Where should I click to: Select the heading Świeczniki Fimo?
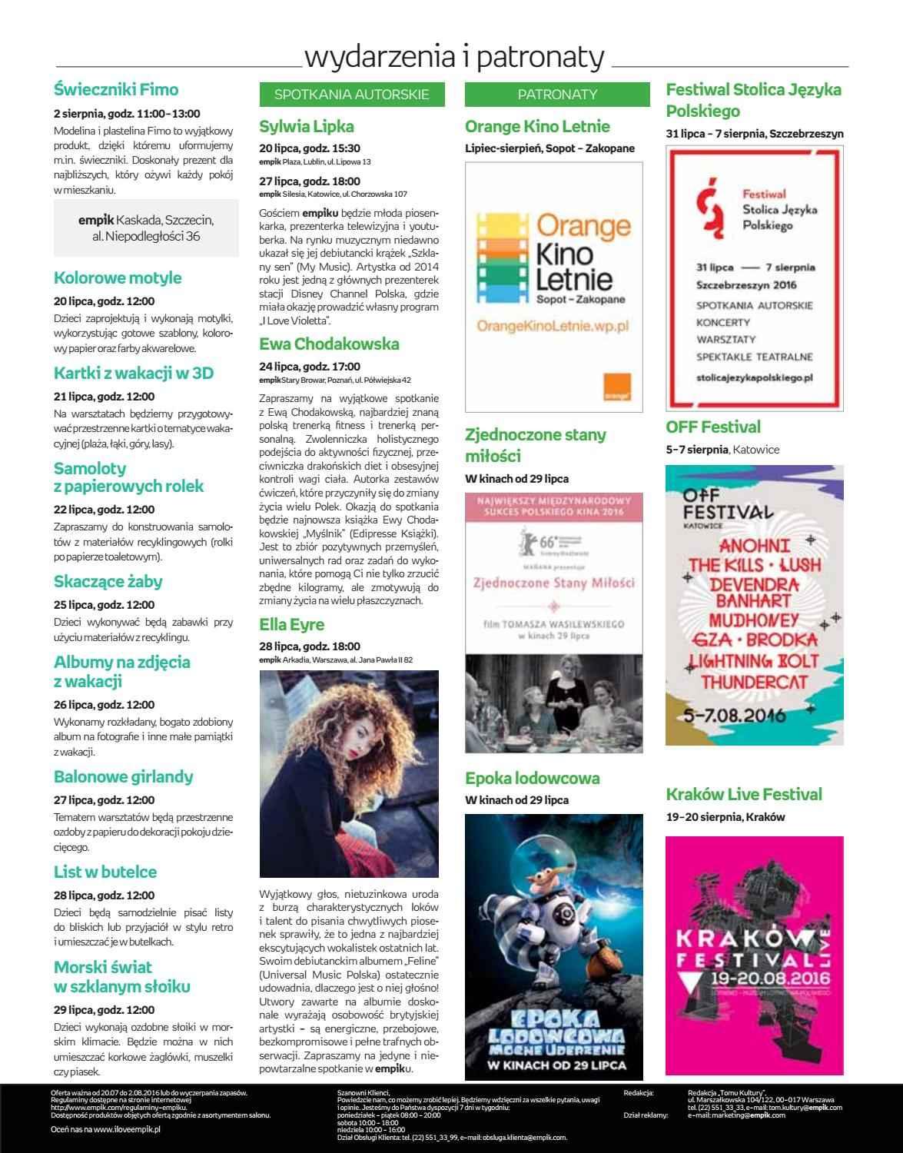click(116, 89)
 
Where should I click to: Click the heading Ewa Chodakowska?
click(329, 344)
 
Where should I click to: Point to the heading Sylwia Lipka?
click(307, 126)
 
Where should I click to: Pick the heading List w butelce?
click(105, 872)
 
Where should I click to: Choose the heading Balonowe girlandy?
click(123, 776)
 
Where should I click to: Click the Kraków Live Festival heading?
click(744, 794)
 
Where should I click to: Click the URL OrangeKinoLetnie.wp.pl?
click(553, 326)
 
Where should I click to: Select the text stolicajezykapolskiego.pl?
click(755, 377)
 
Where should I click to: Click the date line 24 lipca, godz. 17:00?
click(310, 367)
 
